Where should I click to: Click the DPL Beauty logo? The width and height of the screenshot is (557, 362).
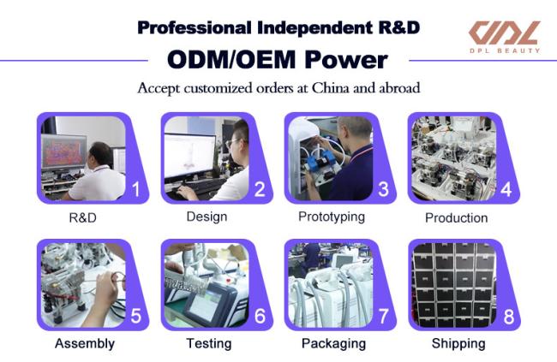[x=505, y=37]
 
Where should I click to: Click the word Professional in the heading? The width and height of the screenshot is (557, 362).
[x=195, y=27]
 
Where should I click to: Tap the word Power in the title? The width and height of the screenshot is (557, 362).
[x=346, y=60]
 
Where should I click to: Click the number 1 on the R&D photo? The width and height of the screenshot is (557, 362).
[x=136, y=189]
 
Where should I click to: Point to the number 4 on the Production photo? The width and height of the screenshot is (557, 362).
[x=506, y=189]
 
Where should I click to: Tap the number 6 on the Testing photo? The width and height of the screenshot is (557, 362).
[x=260, y=316]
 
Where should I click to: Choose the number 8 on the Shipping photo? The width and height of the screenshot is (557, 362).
[x=509, y=317]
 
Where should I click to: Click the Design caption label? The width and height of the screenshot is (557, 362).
[x=207, y=217]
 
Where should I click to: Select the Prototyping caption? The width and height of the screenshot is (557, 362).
[x=332, y=217]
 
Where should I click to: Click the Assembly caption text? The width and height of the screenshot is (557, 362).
[x=85, y=343]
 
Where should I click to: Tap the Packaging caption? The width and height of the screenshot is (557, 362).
[x=333, y=343]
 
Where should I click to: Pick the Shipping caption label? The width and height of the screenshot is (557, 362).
[x=458, y=343]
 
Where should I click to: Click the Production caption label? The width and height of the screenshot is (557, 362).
[x=456, y=218]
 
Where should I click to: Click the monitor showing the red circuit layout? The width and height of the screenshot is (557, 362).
[x=63, y=151]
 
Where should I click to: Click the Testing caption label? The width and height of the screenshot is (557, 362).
[x=209, y=343]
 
